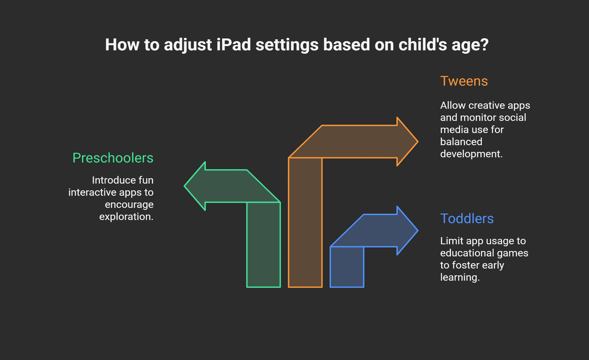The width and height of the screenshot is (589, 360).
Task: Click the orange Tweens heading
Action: click(464, 81)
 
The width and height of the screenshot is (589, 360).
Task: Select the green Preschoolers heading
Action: click(112, 158)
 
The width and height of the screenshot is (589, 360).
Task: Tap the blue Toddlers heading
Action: click(467, 218)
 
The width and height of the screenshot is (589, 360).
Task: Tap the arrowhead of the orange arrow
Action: click(407, 141)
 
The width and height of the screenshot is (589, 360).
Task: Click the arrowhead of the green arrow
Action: click(195, 186)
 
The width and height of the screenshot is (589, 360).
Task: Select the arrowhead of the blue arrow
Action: click(407, 230)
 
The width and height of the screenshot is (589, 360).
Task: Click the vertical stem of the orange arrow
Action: click(305, 222)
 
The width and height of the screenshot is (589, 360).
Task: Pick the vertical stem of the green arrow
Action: click(263, 244)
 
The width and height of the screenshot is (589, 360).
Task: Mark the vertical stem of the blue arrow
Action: click(347, 267)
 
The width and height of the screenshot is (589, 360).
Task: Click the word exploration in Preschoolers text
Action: click(125, 216)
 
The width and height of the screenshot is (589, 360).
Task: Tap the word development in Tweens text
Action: click(471, 154)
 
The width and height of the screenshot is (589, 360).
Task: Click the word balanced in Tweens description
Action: click(461, 142)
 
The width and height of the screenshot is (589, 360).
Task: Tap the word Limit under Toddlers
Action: click(450, 241)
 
